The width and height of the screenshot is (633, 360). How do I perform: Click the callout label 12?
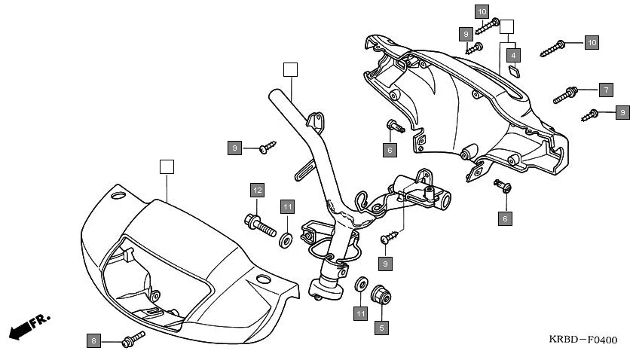(x=257, y=190)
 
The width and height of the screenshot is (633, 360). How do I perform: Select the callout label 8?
(x=93, y=342)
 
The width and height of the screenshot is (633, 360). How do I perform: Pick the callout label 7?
(x=604, y=90)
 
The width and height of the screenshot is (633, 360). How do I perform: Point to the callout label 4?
(x=513, y=55)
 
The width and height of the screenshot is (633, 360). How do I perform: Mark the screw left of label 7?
(x=566, y=95)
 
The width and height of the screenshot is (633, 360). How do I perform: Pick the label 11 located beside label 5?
(x=361, y=313)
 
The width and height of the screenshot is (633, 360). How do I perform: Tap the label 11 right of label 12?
(x=287, y=206)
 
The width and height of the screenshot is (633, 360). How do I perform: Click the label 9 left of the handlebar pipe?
(x=235, y=148)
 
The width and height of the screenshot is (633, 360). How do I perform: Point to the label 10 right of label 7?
(x=592, y=42)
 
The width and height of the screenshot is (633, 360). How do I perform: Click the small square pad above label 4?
(x=513, y=71)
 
